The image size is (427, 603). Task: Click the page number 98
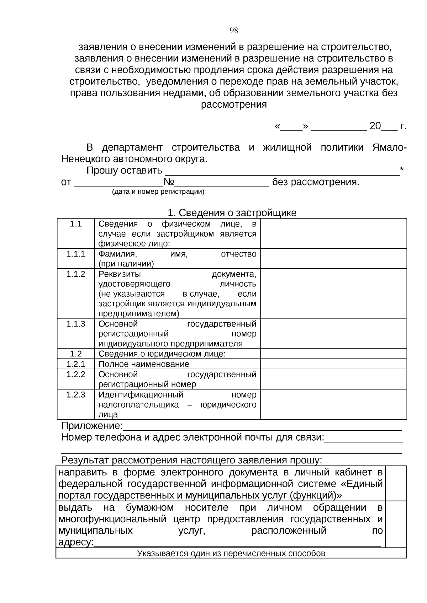pos(234,31)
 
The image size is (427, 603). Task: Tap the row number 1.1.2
pos(76,274)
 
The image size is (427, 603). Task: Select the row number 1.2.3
pos(76,394)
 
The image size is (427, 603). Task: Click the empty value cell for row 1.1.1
pos(333,258)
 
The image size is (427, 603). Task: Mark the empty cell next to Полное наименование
pos(333,364)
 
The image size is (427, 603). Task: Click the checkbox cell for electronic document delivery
pos(396,483)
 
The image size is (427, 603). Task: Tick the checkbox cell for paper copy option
pos(396,524)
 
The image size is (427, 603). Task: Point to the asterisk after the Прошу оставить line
pos(402,169)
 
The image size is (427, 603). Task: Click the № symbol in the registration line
pos(169,183)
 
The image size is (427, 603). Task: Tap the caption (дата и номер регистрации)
pos(158,192)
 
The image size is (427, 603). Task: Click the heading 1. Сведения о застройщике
pos(232,213)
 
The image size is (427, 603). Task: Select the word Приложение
pos(91,426)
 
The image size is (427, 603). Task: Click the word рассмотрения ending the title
pos(234,105)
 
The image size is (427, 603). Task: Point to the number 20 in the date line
pos(375,126)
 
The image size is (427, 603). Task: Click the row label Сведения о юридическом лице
pos(162,354)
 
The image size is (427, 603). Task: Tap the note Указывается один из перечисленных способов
pos(231,554)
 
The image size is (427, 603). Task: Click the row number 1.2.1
pos(76,364)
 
